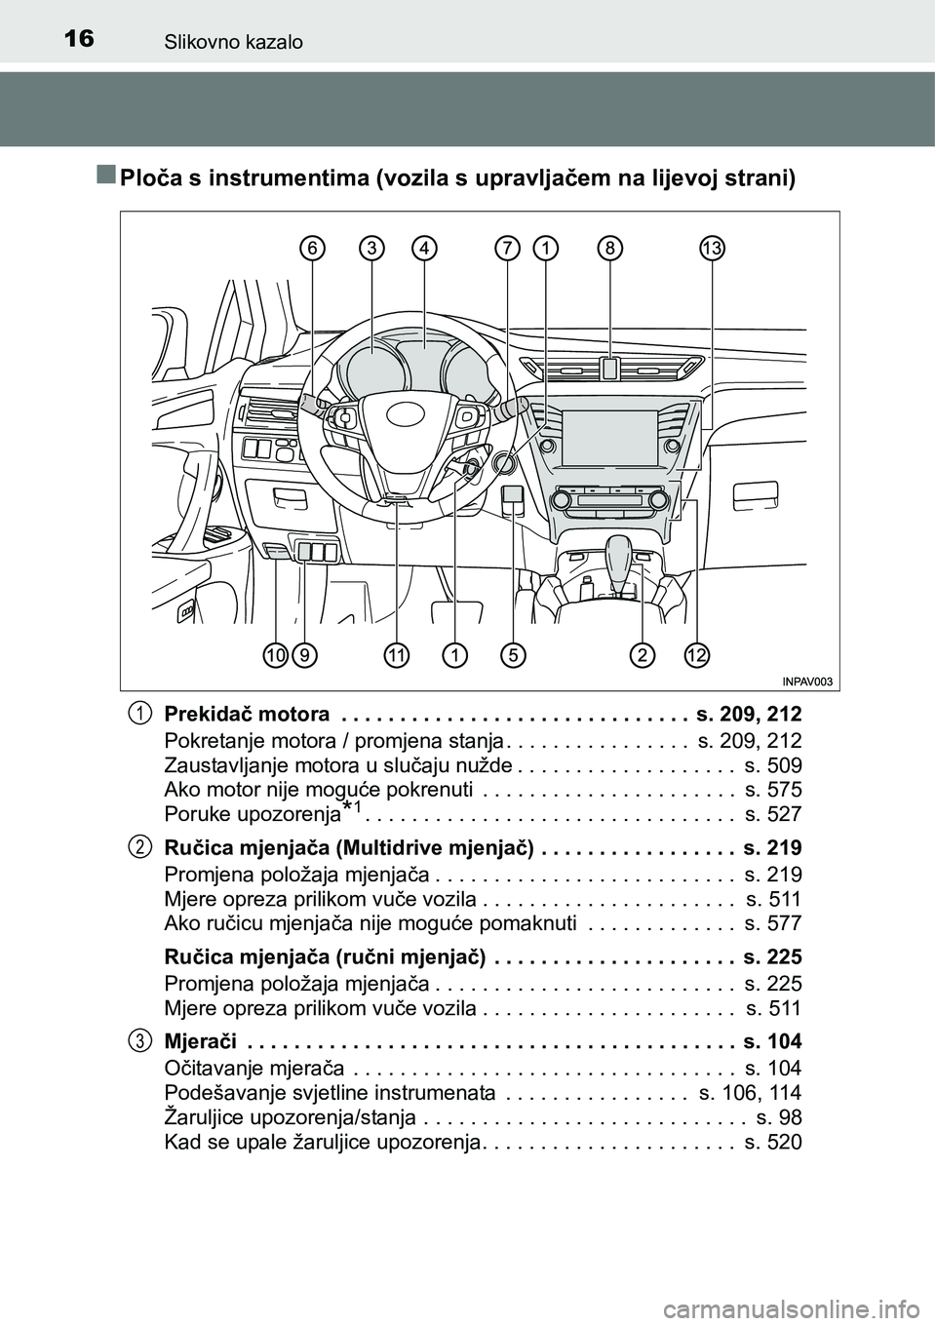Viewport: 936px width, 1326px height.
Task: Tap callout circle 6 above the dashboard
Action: point(312,249)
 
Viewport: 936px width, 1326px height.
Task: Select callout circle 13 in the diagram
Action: point(713,249)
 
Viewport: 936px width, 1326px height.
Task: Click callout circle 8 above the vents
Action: point(609,249)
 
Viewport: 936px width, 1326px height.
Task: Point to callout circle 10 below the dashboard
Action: point(275,655)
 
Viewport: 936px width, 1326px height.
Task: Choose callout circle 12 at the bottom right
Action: point(695,655)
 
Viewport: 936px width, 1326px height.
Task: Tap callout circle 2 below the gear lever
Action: point(642,655)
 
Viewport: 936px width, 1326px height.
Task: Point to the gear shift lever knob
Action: point(621,552)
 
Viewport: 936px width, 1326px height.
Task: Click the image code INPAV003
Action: point(808,682)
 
